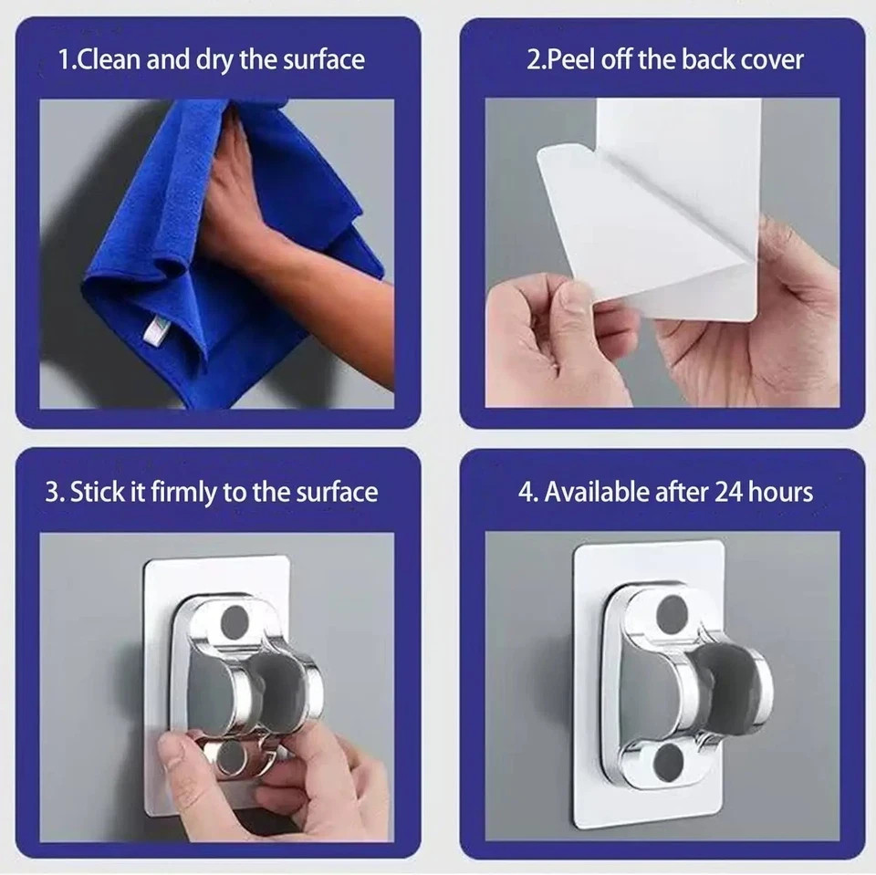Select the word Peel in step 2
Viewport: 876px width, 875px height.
pos(566,61)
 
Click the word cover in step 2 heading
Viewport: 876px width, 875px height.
pos(769,61)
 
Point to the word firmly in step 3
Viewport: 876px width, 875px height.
pos(183,493)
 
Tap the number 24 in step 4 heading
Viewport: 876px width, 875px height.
pos(731,493)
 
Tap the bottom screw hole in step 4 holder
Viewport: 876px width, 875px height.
pos(671,762)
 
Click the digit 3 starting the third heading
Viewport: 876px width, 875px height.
pos(51,493)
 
